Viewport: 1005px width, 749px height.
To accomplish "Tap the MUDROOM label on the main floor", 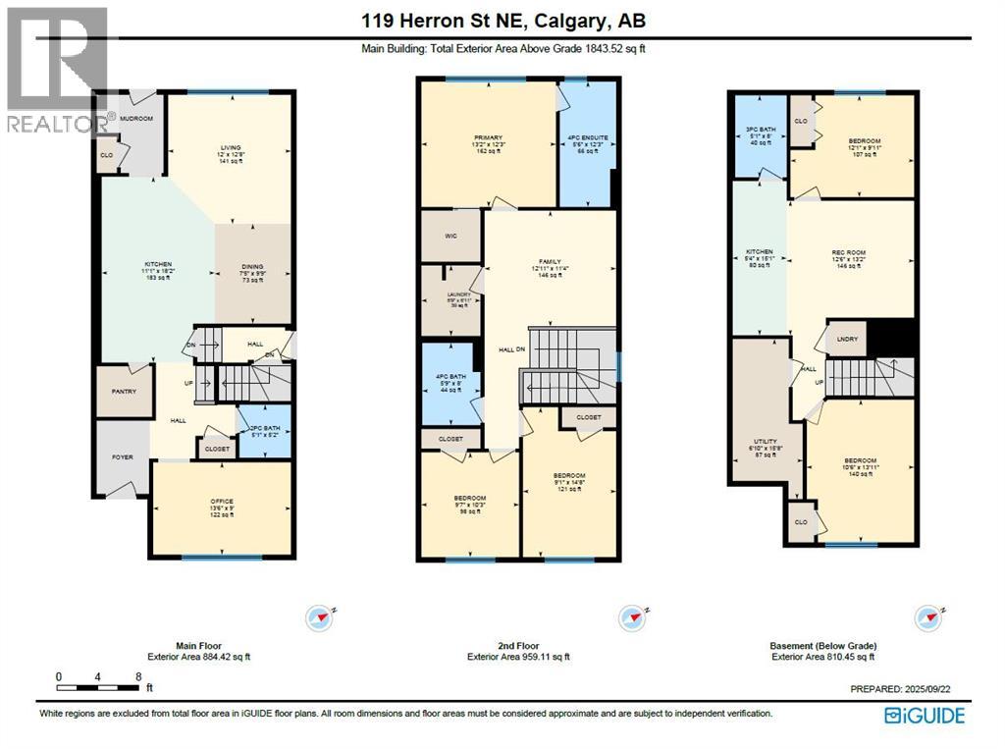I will point(136,118).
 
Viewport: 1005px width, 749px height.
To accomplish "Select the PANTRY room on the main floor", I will point(124,392).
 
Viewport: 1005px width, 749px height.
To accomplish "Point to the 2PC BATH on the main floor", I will point(262,430).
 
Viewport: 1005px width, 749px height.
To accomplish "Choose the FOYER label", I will point(122,456).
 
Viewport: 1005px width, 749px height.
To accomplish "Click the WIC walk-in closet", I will point(450,237).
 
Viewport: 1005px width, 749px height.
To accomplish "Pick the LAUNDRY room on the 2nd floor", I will point(449,298).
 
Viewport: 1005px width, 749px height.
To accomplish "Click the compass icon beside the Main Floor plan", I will point(321,617).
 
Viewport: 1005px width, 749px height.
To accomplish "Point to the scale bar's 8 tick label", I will point(138,676).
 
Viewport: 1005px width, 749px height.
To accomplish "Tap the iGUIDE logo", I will point(925,716).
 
